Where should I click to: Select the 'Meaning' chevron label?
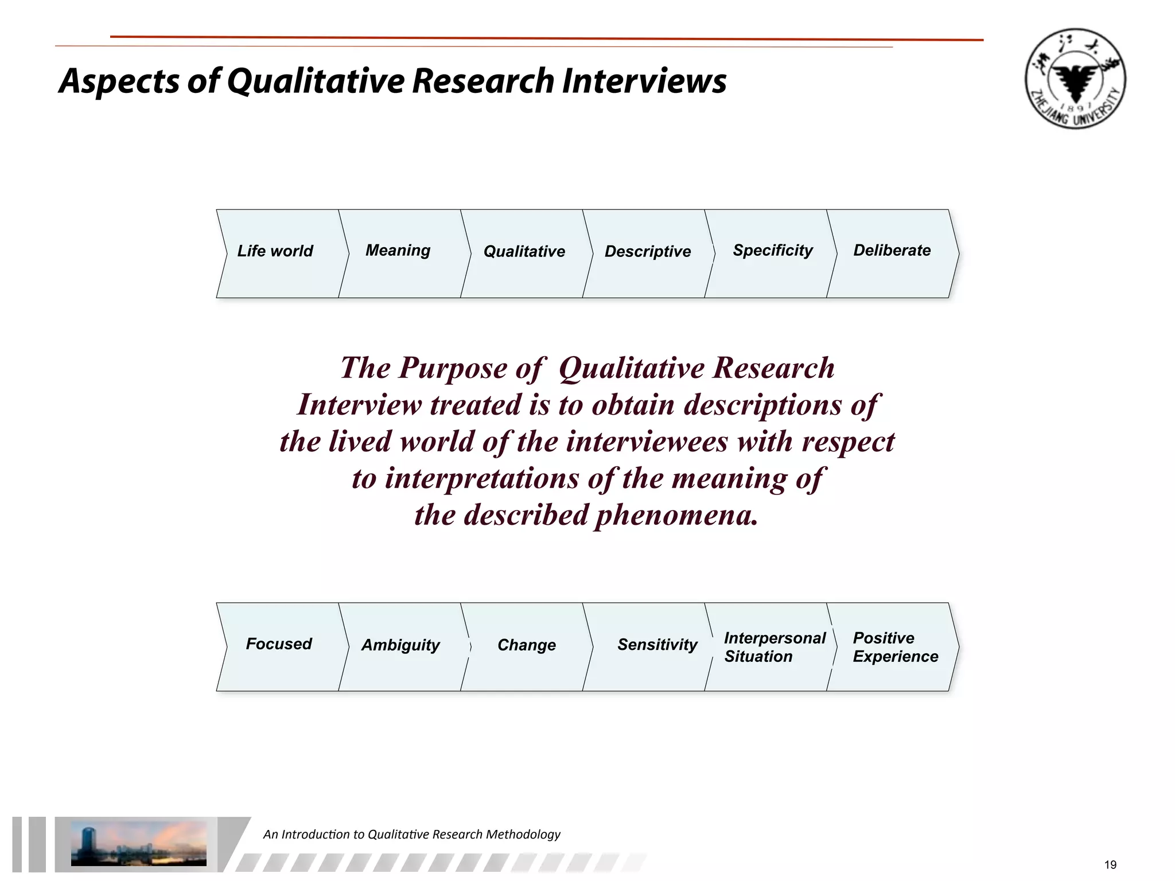pyautogui.click(x=398, y=251)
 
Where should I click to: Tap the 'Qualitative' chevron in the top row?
pyautogui.click(x=524, y=251)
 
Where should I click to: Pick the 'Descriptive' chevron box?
pyautogui.click(x=648, y=251)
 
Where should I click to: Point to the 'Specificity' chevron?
pyautogui.click(x=773, y=251)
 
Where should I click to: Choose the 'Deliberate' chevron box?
pyautogui.click(x=892, y=251)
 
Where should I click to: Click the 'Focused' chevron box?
pyautogui.click(x=279, y=644)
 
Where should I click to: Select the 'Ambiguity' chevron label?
pyautogui.click(x=400, y=645)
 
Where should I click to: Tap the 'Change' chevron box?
pyautogui.click(x=527, y=645)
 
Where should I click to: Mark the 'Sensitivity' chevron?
pyautogui.click(x=657, y=645)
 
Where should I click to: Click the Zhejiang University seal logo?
pyautogui.click(x=1075, y=79)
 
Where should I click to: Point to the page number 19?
pyautogui.click(x=1110, y=865)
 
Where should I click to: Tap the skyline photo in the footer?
pyautogui.click(x=138, y=843)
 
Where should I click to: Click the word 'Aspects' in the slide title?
pyautogui.click(x=119, y=81)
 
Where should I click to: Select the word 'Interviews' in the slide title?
pyautogui.click(x=644, y=81)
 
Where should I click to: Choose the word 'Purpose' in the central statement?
pyautogui.click(x=453, y=368)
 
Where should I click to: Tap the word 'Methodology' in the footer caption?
pyautogui.click(x=523, y=835)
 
